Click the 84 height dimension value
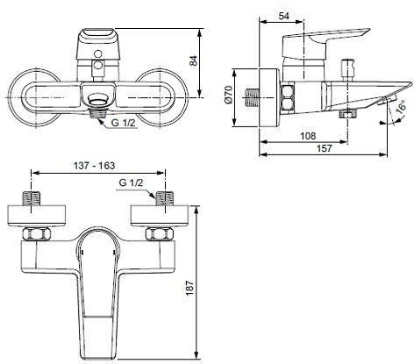click(194, 61)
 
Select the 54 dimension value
click(283, 16)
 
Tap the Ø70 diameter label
click(228, 94)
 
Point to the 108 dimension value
click(308, 136)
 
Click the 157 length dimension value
click(325, 148)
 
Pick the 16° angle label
click(402, 106)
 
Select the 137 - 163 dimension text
click(94, 166)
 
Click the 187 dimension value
click(189, 288)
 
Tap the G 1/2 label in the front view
click(124, 123)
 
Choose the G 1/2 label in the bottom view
click(132, 183)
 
